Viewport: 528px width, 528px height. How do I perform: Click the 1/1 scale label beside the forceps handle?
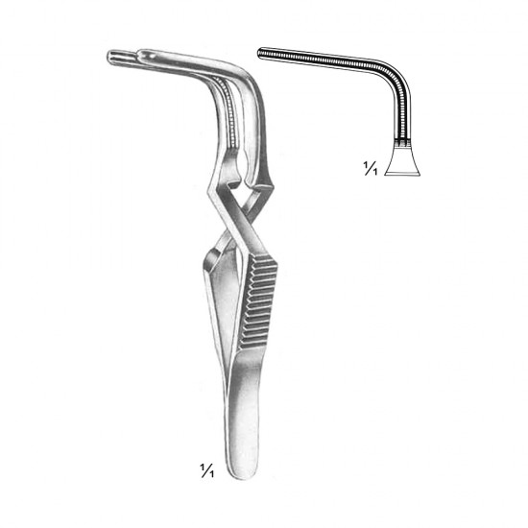click(x=207, y=470)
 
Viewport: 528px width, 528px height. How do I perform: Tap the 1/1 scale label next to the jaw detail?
click(x=370, y=168)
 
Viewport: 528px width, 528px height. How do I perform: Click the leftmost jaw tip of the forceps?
click(x=110, y=56)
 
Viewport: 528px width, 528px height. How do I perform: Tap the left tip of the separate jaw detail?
click(x=259, y=52)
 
